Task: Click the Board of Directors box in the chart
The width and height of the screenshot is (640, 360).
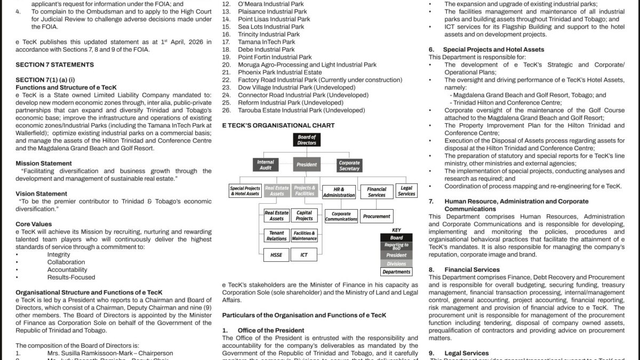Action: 307,140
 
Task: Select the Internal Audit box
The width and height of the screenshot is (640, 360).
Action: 265,165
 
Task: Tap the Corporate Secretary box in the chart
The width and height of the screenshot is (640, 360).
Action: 349,165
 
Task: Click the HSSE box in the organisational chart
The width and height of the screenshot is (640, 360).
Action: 276,255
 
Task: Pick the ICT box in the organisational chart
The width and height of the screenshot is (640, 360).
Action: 304,255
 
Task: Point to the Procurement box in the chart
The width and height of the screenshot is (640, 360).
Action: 377,217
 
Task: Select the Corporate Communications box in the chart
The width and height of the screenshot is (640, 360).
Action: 341,217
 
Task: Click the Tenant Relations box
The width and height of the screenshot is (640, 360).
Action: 276,236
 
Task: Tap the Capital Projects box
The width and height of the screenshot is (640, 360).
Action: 304,215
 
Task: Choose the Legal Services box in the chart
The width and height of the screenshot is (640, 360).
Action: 406,191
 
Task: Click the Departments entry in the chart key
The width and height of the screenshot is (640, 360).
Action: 396,272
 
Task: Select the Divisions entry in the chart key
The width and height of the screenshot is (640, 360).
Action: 396,263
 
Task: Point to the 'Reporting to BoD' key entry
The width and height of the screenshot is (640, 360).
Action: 396,246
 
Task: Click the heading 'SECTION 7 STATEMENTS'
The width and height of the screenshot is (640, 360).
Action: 54,65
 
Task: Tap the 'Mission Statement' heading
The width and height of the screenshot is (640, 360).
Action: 44,163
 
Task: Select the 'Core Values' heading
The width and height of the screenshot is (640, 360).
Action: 34,224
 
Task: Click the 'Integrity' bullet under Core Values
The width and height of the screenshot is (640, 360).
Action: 59,254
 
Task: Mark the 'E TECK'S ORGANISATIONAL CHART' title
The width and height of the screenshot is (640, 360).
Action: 278,125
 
